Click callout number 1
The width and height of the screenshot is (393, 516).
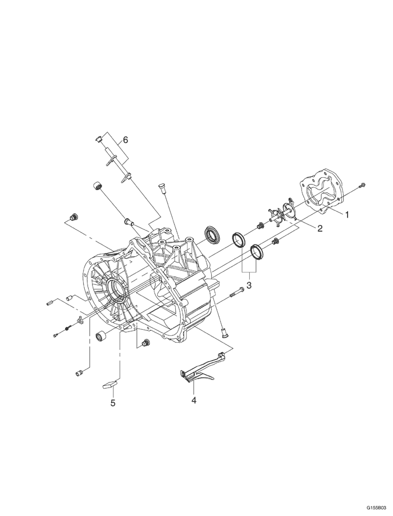[347, 214]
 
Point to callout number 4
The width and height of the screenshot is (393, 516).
[194, 400]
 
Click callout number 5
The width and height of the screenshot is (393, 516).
[113, 403]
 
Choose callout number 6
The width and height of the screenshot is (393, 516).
[125, 140]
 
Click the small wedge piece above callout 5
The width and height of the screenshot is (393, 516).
[109, 384]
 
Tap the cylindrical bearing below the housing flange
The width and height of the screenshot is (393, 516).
[102, 336]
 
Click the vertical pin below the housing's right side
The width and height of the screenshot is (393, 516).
[223, 330]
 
